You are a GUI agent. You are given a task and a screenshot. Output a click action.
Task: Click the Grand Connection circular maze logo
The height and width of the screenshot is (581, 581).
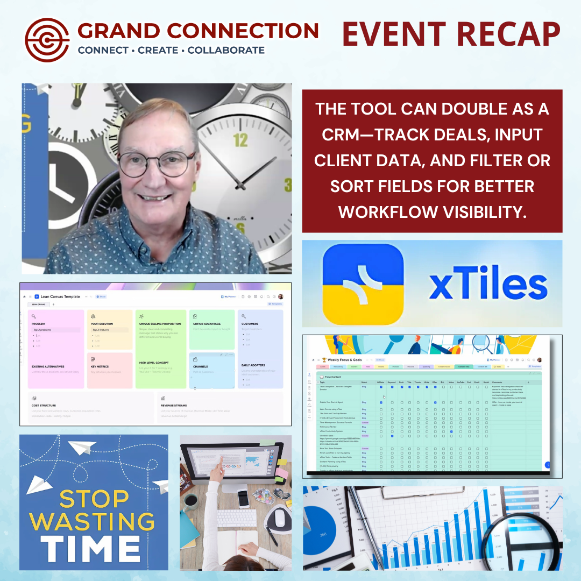[47, 40]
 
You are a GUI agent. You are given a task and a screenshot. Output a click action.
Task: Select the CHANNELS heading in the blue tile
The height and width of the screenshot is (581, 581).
[200, 366]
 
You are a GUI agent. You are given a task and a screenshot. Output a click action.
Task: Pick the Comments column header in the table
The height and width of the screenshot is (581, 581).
[498, 382]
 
